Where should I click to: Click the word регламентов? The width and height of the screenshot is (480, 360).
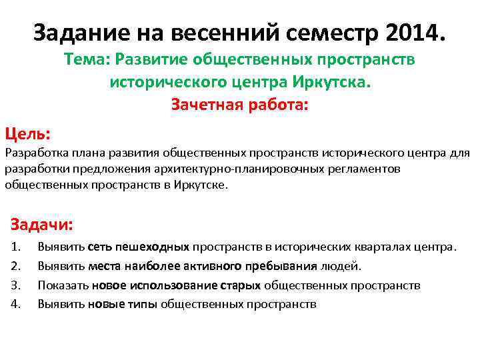pos(365,169)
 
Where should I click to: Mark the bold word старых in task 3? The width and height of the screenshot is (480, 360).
pos(241,285)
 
